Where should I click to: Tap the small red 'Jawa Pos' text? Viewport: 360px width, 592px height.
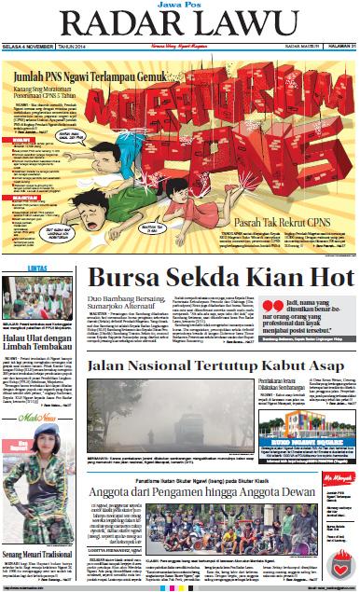tap(181, 7)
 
